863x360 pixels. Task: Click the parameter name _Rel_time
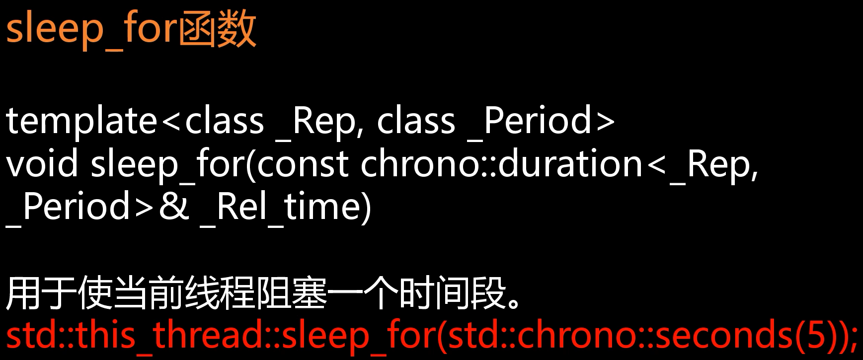click(285, 208)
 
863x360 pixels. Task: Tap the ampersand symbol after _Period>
click(174, 207)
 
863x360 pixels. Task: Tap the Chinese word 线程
click(219, 293)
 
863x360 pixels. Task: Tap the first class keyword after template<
click(224, 121)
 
